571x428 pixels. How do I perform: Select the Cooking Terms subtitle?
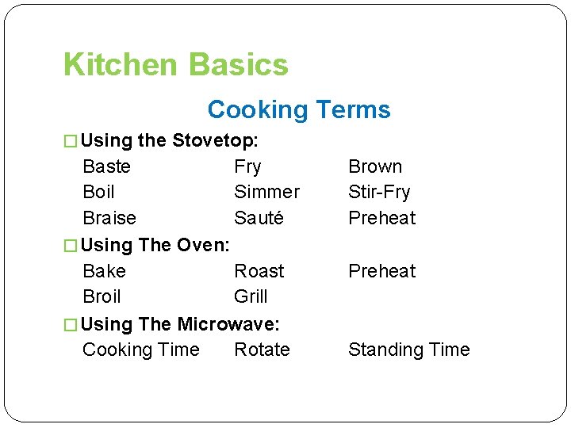(x=299, y=109)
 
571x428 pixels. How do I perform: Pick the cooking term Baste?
(x=106, y=166)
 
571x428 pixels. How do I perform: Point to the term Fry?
(x=247, y=166)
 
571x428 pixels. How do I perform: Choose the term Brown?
(x=375, y=166)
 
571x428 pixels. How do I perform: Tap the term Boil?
(x=98, y=192)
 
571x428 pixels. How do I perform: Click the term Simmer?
(x=266, y=192)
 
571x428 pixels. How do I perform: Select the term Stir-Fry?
(x=379, y=192)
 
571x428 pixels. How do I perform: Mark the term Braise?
(x=109, y=218)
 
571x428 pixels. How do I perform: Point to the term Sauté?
(x=259, y=218)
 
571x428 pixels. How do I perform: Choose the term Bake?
(x=104, y=271)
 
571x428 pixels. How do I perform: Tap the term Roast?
(x=259, y=271)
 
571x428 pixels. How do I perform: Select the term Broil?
(x=102, y=296)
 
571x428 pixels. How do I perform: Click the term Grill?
(x=251, y=296)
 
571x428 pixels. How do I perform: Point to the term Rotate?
(x=262, y=350)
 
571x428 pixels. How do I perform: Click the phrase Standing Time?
(x=408, y=350)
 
